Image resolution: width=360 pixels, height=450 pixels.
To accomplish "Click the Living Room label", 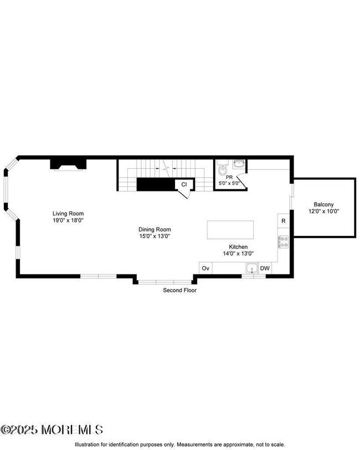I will coord(68,213).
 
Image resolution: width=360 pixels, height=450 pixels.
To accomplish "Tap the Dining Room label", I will coord(155,229).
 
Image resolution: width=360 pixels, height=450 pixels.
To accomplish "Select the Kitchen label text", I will coord(239,247).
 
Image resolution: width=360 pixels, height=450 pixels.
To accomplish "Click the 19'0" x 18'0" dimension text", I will coord(68,220).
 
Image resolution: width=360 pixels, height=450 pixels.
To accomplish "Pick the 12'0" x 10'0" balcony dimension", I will coord(323,211).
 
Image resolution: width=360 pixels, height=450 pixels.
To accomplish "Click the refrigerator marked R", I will coord(283,221).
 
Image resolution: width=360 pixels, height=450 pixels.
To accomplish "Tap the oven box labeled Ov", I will coord(205,268).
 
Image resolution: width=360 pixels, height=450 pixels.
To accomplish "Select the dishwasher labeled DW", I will coord(265,268).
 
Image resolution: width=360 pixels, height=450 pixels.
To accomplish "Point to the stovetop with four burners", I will coord(283,242).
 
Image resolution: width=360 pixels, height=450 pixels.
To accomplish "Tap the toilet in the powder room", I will coord(222,168).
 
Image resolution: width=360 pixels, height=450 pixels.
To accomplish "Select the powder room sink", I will coord(239,163).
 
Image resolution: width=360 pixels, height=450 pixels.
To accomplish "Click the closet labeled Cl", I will coord(184,185).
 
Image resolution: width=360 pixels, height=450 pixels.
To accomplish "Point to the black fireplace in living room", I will coord(69,164).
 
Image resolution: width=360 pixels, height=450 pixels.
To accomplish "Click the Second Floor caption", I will coord(179,290).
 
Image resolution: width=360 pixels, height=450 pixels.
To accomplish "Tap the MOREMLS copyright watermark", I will coord(52,430).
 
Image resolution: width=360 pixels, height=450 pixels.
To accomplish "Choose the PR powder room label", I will coord(228,178).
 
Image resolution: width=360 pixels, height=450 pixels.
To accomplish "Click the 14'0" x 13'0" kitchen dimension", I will coord(239,254).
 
